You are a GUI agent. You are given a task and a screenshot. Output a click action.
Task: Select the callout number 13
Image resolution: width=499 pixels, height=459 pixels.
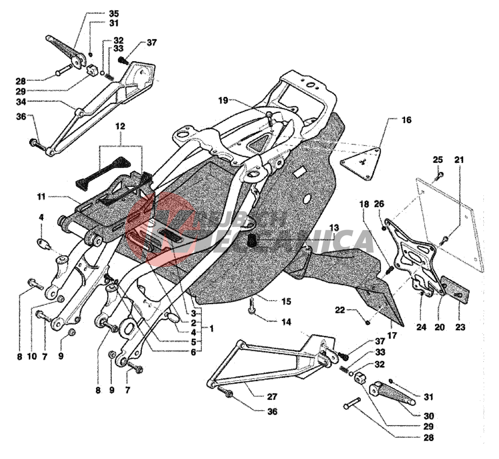[x=334, y=228]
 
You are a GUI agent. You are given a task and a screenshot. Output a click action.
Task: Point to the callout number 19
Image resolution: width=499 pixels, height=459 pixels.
[x=223, y=101]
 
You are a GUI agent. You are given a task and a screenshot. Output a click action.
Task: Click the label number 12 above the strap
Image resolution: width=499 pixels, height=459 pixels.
[x=120, y=126]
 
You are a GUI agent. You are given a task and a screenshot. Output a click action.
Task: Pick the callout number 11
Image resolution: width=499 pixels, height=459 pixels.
[x=41, y=197]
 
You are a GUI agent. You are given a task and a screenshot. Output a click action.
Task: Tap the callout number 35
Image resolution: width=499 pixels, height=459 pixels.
[x=114, y=14]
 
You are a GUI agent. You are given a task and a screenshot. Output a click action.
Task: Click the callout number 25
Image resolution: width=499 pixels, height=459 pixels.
[x=438, y=159]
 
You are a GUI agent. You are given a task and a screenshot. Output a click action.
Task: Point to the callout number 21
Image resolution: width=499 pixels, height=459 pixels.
[x=459, y=159]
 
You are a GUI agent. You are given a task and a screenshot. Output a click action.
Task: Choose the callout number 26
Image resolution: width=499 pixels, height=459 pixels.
[x=379, y=204]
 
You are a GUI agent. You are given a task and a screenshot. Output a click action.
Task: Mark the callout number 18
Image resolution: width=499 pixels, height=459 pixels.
[x=364, y=204]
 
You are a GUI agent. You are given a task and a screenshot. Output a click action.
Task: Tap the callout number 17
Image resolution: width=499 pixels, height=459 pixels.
[x=392, y=335]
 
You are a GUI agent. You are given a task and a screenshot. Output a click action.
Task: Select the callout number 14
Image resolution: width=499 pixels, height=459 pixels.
[x=286, y=322]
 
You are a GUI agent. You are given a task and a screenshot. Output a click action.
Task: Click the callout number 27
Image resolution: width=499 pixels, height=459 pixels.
[x=272, y=397]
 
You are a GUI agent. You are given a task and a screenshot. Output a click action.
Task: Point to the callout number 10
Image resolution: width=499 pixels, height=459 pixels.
[x=32, y=356]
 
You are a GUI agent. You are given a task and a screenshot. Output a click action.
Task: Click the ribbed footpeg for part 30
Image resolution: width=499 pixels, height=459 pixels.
[x=390, y=394]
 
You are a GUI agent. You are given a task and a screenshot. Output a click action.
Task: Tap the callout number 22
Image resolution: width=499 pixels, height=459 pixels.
[x=340, y=310]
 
